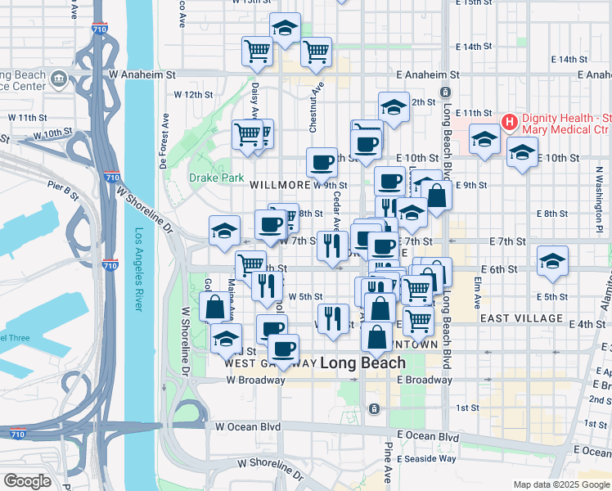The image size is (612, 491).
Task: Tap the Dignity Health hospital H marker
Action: click(x=510, y=123)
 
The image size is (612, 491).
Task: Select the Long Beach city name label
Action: click(x=362, y=363)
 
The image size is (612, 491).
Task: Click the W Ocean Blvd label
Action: click(x=248, y=426)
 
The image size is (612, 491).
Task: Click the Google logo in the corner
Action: click(x=27, y=481)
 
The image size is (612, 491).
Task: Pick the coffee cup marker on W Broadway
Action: click(x=283, y=348)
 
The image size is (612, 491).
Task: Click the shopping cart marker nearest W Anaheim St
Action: click(x=316, y=52)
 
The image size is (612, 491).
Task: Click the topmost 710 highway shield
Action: click(x=99, y=29)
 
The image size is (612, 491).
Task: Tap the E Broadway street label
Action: click(x=425, y=380)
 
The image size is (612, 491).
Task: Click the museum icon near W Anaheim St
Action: click(x=58, y=79)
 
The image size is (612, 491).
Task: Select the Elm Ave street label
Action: click(x=476, y=291)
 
